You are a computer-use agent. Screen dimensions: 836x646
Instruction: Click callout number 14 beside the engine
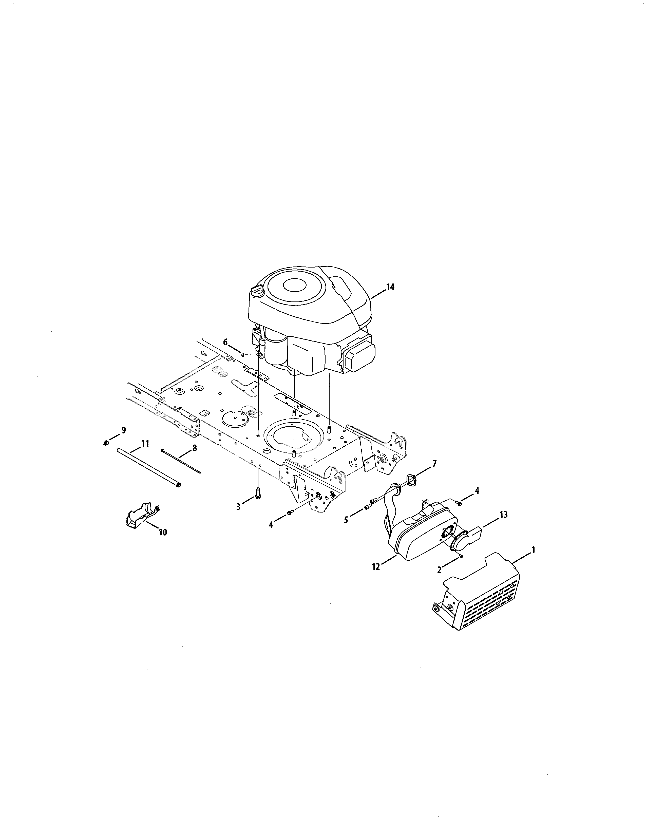click(x=390, y=287)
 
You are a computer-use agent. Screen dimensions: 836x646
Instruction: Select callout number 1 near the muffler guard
click(x=533, y=550)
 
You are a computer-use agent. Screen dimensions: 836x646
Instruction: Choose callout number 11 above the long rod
click(x=145, y=444)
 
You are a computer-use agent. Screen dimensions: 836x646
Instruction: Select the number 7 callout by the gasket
click(x=434, y=464)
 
